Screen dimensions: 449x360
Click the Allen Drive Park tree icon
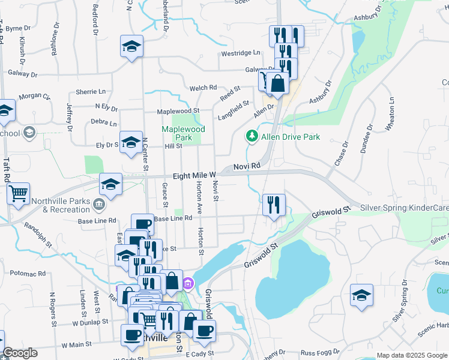coord(253,137)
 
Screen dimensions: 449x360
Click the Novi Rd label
coord(247,165)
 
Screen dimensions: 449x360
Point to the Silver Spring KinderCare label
coord(404,208)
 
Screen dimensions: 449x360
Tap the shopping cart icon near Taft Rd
coord(19,193)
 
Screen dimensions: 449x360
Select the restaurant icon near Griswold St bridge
coord(273,205)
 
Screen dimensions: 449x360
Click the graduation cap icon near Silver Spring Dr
coord(361,295)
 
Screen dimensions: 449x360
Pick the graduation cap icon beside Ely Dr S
coord(131,142)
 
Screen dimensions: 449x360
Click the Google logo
coord(20,353)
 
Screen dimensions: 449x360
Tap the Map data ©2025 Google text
coord(412,355)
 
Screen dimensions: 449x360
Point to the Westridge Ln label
coord(240,53)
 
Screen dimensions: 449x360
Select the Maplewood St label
coord(178,111)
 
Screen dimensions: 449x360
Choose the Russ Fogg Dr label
coord(319,353)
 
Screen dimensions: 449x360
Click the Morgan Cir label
coord(34,96)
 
